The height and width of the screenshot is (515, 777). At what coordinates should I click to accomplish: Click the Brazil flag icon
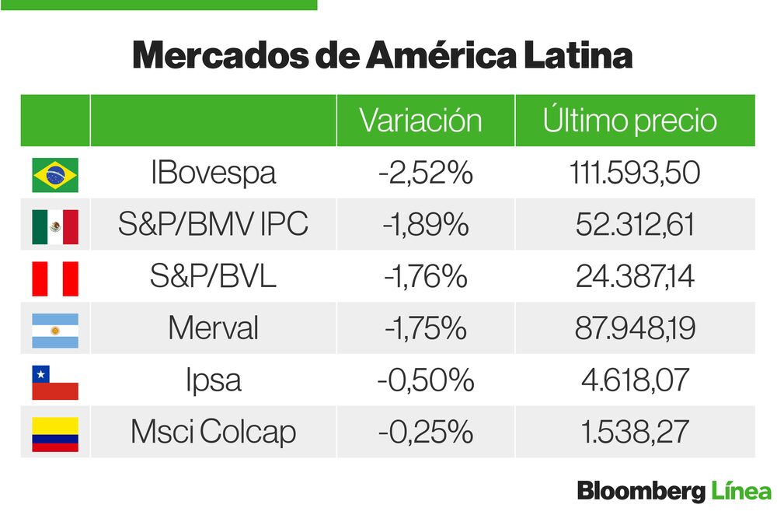point(55,174)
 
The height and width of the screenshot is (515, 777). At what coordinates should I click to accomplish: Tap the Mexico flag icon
point(55,226)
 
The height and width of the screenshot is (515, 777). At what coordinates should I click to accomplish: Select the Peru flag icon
point(55,278)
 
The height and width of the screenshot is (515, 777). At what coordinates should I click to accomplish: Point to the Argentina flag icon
point(55,330)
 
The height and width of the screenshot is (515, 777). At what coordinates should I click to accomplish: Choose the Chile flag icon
point(55,382)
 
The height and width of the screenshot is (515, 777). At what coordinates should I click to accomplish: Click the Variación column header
point(420,121)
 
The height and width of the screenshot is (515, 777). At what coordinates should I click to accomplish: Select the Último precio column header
point(629,121)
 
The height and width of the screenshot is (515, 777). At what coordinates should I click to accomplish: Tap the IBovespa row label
point(213,173)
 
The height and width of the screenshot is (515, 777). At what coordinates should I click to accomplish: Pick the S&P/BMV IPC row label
point(213,225)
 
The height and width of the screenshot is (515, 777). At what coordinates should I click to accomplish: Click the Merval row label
point(213,328)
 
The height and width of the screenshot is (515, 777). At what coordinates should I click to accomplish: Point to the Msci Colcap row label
point(213,432)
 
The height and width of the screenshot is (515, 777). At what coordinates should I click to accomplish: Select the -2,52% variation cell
point(425,173)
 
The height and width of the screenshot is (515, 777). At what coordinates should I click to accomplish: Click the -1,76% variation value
point(425,277)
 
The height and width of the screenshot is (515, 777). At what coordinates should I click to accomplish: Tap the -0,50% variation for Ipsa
point(425,380)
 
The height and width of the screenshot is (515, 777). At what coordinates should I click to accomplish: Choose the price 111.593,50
point(635,173)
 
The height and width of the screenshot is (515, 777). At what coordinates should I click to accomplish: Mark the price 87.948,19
point(635,328)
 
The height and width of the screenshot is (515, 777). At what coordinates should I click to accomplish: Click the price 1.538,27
point(635,432)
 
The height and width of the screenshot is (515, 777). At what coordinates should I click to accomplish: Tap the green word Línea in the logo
point(741,492)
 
